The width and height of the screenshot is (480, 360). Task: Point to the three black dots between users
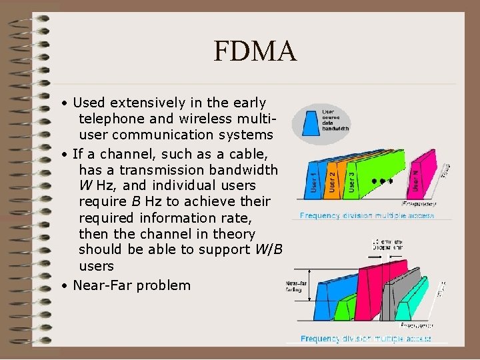383,181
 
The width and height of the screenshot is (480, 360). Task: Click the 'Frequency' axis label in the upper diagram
419,203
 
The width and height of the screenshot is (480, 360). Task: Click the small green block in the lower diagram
345,310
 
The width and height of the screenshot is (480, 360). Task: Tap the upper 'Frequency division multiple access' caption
367,215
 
